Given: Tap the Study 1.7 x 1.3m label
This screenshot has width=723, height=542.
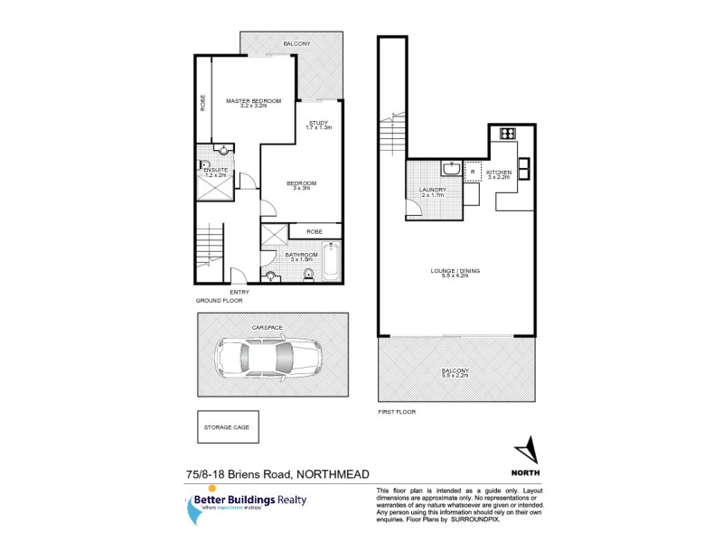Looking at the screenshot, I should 319,125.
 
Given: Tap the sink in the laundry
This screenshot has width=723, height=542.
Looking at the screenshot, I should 449,169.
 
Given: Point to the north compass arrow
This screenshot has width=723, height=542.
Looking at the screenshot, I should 525,449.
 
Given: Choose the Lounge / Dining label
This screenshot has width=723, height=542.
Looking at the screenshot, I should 455,273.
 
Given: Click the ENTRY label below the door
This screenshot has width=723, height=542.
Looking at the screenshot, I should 239,292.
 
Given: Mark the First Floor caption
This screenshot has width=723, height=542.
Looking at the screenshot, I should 396,412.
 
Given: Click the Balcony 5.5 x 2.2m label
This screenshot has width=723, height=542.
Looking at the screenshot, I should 455,372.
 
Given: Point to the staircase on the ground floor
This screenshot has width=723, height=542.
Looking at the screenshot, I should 210,248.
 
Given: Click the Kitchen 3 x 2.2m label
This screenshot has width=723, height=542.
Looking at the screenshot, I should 499,174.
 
